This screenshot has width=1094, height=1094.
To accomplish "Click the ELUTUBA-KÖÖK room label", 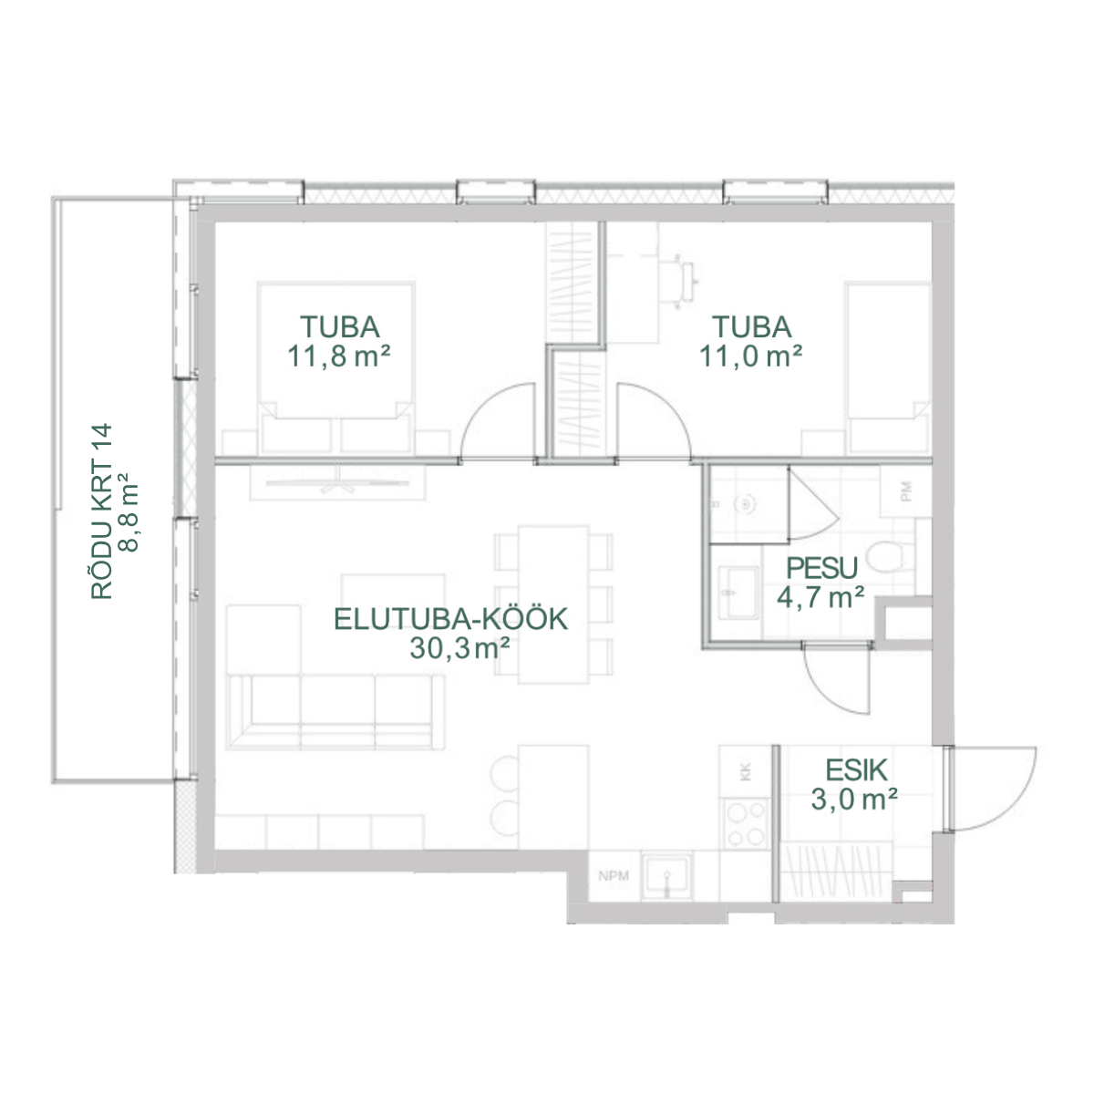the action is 450,619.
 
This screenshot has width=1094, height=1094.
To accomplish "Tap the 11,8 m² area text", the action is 339,357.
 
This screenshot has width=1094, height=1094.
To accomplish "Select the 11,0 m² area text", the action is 750,357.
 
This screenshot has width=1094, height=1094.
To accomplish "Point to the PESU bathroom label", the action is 821,568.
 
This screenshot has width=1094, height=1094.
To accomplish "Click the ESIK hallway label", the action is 855,770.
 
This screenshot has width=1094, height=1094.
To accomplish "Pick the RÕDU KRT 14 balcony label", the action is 102,511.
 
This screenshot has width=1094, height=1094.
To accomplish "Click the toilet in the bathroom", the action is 890,556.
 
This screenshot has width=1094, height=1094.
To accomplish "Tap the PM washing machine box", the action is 906,491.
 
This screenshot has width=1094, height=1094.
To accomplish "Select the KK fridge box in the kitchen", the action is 746,771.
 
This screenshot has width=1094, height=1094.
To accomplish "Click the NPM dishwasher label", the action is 614,876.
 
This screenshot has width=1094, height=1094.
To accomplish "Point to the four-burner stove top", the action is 746,824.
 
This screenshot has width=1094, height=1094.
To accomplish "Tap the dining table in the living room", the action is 553,604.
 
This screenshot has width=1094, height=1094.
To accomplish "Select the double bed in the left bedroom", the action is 335,367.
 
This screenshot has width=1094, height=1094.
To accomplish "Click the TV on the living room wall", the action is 338,484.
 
